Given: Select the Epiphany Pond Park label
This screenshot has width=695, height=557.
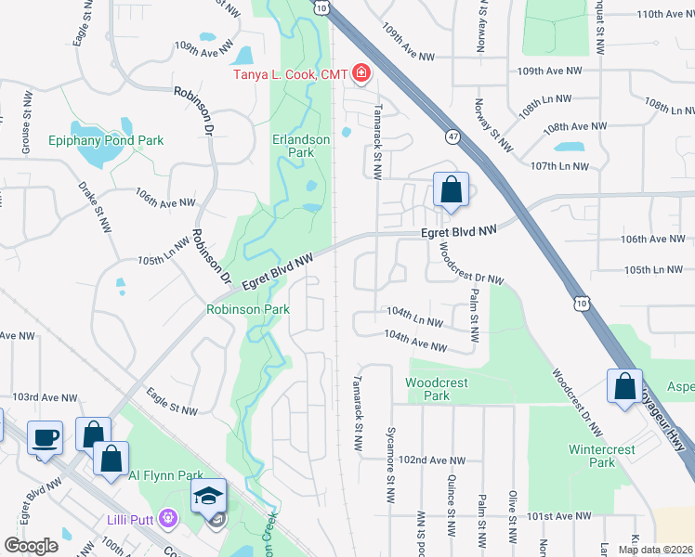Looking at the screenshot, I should [106, 140].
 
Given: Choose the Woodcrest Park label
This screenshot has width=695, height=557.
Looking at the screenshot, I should [437, 389].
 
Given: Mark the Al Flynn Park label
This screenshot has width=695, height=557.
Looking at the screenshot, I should [160, 475].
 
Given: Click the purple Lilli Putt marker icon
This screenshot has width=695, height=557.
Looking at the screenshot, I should [167, 516].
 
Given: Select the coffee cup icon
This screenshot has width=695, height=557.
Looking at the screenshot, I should [45, 436].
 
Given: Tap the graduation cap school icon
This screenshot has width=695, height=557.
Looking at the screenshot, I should [208, 496].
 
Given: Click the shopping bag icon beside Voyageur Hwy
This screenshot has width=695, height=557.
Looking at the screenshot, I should [625, 385].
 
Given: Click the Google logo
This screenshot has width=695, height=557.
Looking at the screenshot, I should [32, 546].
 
